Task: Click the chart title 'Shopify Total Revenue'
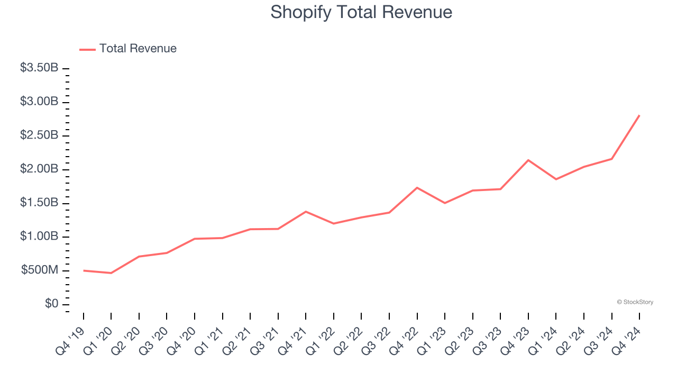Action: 361,12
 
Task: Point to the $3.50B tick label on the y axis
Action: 39,68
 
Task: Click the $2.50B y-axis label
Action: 39,135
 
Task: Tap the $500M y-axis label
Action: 40,270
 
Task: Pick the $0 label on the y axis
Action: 52,304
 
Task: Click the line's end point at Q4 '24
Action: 639,115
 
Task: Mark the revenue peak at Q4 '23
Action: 528,160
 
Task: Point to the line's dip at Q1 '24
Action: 556,179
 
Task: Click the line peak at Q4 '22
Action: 417,187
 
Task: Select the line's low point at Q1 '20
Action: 111,273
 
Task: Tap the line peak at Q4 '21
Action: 306,212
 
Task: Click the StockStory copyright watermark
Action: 635,302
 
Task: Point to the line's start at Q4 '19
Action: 84,270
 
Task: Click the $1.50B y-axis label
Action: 39,203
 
